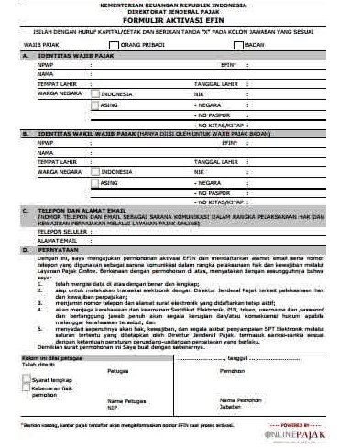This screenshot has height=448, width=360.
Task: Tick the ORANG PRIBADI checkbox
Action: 114,44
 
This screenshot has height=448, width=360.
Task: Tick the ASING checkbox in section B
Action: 94,182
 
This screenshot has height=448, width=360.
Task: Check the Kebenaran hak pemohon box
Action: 26,388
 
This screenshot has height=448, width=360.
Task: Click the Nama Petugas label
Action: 125,401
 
